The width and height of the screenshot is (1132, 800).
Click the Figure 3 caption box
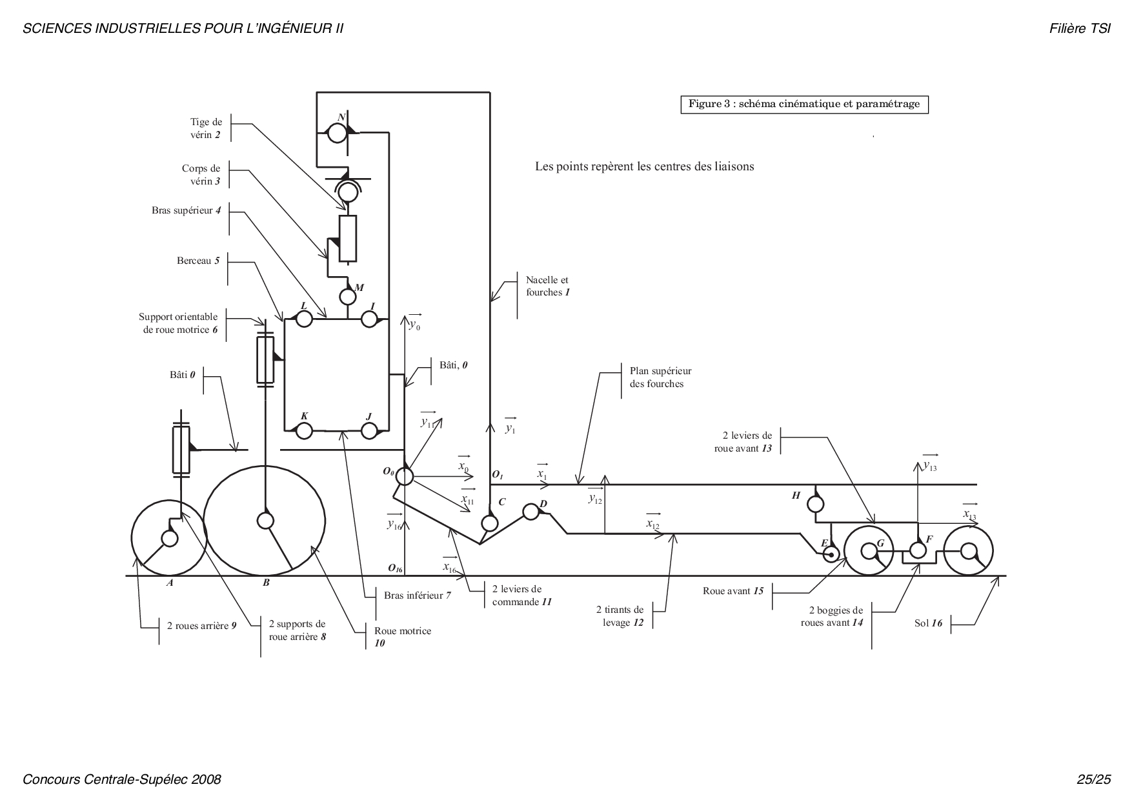804,105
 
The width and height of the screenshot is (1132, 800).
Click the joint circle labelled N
336,133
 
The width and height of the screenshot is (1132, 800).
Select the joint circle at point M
348,297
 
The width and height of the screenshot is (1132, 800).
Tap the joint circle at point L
304,319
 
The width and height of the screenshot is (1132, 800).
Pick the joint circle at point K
304,430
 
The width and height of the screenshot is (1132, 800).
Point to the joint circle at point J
369,430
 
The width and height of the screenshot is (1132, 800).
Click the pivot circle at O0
405,476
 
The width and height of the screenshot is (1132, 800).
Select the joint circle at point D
531,512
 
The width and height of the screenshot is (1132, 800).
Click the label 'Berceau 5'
198,261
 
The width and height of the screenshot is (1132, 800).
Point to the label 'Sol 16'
928,623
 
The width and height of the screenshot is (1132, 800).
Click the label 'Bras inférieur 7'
418,595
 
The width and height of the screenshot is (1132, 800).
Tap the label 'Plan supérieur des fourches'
660,377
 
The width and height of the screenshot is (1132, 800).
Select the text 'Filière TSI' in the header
1080,29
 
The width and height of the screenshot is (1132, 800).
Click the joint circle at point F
918,550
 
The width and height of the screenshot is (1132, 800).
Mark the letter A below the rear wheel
170,583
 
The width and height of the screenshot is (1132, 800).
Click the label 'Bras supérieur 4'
187,210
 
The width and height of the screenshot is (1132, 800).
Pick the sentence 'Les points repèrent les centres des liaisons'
645,166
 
